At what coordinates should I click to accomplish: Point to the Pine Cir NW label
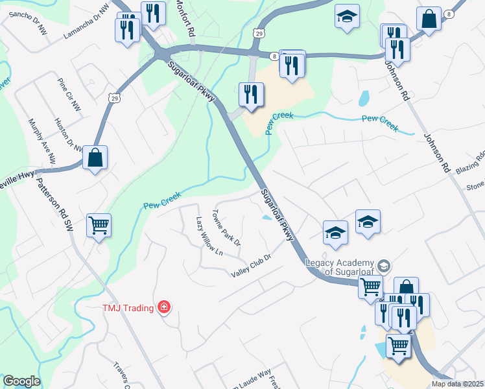coord(68,94)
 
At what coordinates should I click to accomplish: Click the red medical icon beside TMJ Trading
coord(164,307)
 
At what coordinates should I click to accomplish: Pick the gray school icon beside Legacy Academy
coord(384,266)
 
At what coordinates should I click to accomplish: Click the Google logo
coord(21,381)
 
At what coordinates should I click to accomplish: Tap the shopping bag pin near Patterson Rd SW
coord(95,157)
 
